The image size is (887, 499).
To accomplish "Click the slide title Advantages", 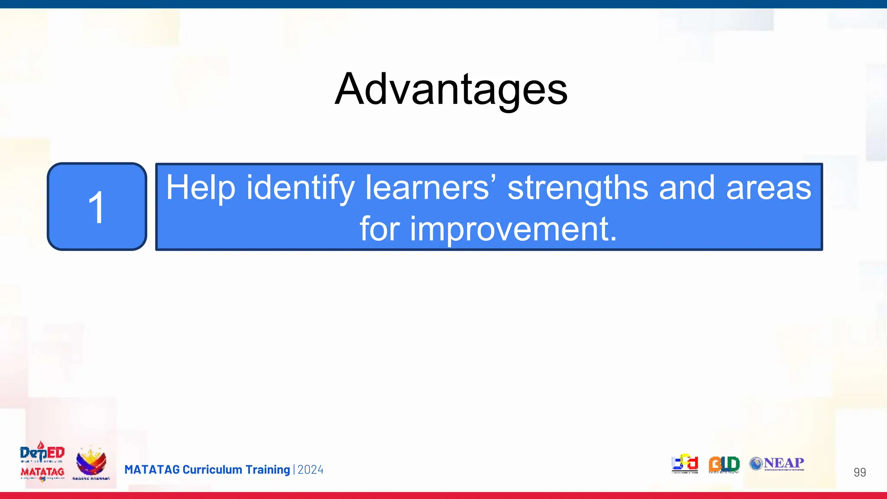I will point(451,89).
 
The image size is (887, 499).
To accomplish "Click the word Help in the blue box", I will point(201,188).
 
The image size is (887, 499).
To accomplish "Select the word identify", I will point(300,188).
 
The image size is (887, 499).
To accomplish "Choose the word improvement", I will point(513,229).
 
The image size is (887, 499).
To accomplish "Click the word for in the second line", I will point(379,229).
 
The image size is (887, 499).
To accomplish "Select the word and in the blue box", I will point(686,188).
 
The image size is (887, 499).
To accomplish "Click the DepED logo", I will point(42,453).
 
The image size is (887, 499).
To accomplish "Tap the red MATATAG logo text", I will point(42,472).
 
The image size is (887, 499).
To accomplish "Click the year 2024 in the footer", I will point(311,470).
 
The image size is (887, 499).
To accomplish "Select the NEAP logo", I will point(777,463).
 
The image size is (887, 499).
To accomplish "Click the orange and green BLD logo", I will point(724,464).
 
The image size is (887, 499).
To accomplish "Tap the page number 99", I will point(859,472).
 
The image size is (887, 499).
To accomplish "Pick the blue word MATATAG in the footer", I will point(152,470).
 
